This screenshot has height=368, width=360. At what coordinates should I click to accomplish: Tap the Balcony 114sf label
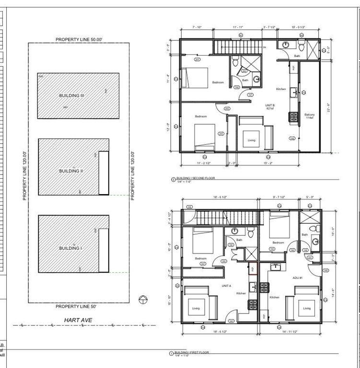coord(310,116)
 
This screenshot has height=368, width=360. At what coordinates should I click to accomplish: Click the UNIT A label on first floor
coord(226,286)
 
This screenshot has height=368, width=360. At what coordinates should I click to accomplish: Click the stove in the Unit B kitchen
coord(293,116)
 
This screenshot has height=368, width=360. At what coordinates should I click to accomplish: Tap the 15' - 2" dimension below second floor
coord(268,163)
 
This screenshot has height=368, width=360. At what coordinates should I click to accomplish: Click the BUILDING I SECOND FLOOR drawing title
coord(196,178)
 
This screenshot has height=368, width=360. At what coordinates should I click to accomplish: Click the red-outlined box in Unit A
coord(253,268)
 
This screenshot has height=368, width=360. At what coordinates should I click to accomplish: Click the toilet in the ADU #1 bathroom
coord(312,228)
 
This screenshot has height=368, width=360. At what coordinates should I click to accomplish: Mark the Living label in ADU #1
coord(307,308)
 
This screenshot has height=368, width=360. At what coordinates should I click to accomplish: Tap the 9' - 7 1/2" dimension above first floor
coord(279,197)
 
